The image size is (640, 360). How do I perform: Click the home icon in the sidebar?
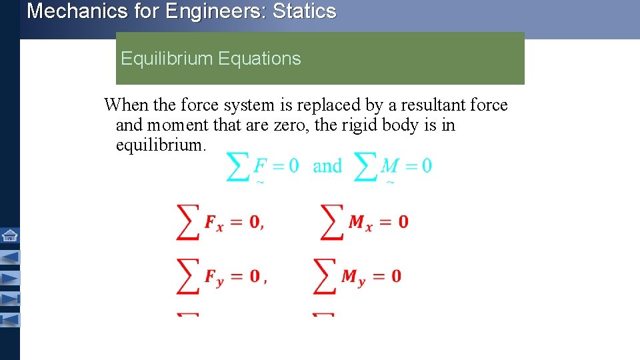10,235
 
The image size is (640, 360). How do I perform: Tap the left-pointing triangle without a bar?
10,256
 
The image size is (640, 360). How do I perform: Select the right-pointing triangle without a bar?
10,277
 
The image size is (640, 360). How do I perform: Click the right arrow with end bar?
11,299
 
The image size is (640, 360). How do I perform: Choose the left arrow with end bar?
10,320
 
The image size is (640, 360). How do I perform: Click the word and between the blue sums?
327,166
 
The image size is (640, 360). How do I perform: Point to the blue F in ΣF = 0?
260,165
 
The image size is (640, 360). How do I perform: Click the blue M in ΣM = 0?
389,165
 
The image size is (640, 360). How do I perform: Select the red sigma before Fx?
187,222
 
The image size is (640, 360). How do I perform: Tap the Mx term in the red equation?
359,223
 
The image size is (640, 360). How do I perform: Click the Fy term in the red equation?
214,277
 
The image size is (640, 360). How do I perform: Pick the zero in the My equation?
396,276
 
